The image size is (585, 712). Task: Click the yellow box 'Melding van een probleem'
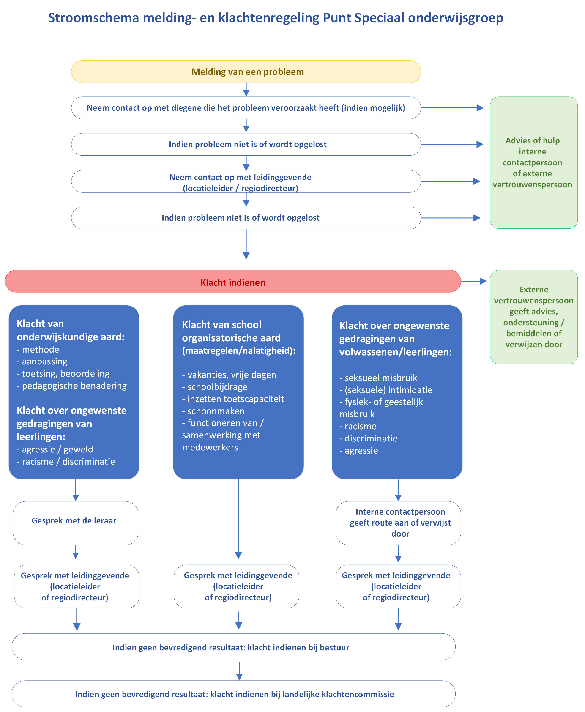tap(246, 72)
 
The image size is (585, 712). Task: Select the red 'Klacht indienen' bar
tap(232, 281)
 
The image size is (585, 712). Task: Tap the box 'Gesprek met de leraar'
tap(76, 523)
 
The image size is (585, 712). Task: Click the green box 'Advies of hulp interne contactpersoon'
tap(534, 162)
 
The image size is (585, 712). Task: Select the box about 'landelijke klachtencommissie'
tap(234, 694)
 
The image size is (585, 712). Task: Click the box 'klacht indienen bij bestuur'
tap(234, 647)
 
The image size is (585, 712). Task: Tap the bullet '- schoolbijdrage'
tap(215, 387)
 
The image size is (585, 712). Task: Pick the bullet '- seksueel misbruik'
tap(378, 378)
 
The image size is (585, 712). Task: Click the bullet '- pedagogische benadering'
tap(72, 386)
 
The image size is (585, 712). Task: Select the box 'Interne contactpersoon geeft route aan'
tap(398, 523)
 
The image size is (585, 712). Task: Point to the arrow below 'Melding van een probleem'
tap(246, 90)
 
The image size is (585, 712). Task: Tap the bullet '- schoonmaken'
tap(213, 411)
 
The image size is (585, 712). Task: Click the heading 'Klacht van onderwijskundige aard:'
tap(71, 330)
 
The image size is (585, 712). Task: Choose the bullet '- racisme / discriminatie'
tap(66, 461)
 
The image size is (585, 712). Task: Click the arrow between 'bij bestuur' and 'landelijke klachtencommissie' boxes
tap(239, 671)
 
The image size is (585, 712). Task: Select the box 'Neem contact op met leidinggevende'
tap(246, 181)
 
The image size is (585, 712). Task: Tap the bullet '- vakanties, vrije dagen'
tap(229, 375)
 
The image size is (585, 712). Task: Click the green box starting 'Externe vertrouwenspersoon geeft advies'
tap(534, 317)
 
